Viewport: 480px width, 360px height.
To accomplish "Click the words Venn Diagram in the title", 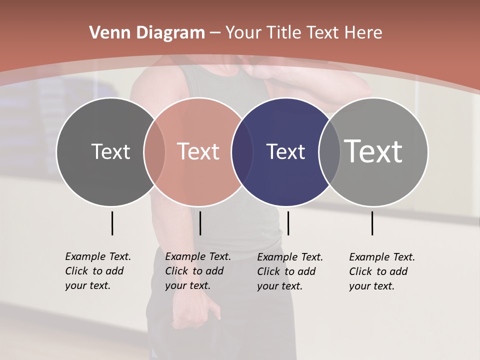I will point(147,33).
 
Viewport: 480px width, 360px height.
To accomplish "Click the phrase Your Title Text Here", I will point(304,33).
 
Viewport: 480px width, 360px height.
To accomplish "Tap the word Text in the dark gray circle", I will point(110,151).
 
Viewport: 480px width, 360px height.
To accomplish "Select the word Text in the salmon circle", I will point(198,151).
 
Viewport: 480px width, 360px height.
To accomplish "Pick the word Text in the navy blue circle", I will point(285,151).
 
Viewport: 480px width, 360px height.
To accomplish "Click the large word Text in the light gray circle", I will point(373,151).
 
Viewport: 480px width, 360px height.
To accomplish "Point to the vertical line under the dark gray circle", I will point(112,223).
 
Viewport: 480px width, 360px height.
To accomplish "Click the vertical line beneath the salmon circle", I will point(200,223).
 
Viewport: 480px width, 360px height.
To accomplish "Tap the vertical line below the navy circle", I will point(288,223).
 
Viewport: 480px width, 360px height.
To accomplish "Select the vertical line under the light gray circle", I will point(372,223).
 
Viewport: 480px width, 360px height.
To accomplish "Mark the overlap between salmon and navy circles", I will point(241,152).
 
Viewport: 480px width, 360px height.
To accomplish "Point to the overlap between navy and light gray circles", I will point(329,152).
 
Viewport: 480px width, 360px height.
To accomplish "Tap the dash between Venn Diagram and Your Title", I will point(215,33).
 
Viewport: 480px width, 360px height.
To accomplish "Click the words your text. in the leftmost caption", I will point(87,285).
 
